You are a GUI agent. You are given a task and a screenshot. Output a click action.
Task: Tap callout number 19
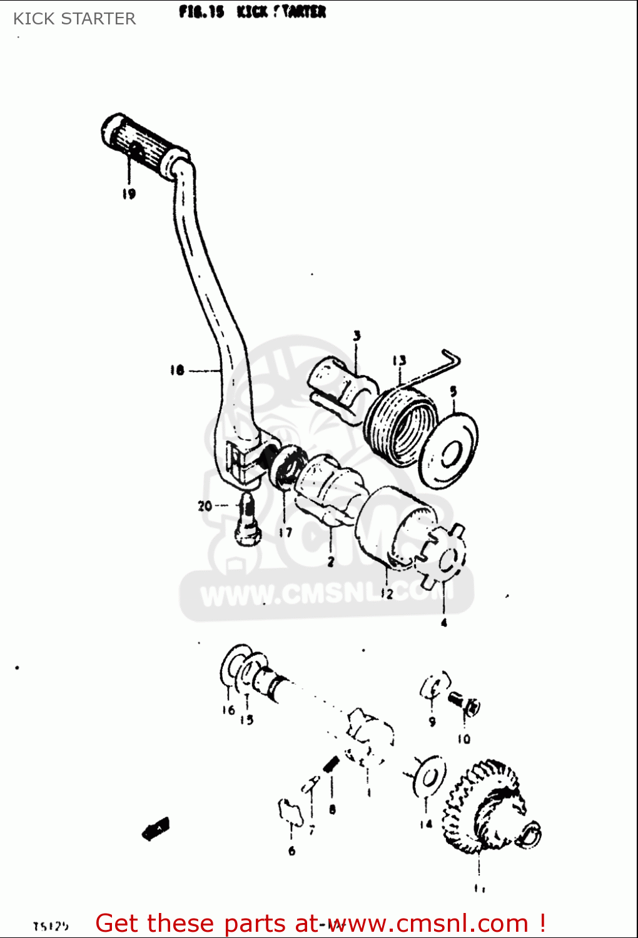click(129, 194)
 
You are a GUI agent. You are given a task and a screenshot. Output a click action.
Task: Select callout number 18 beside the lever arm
click(177, 370)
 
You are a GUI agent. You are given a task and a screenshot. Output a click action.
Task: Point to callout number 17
click(285, 533)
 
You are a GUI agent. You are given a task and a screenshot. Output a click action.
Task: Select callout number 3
click(357, 336)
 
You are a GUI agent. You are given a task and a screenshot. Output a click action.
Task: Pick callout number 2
click(331, 562)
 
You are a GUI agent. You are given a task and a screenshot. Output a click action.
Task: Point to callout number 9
click(432, 722)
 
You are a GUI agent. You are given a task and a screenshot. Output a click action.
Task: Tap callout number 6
click(291, 851)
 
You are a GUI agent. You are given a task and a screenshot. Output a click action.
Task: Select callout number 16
click(228, 710)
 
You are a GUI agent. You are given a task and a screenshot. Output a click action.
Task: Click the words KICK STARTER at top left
click(74, 19)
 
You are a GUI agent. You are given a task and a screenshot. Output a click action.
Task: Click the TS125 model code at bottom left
click(51, 926)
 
